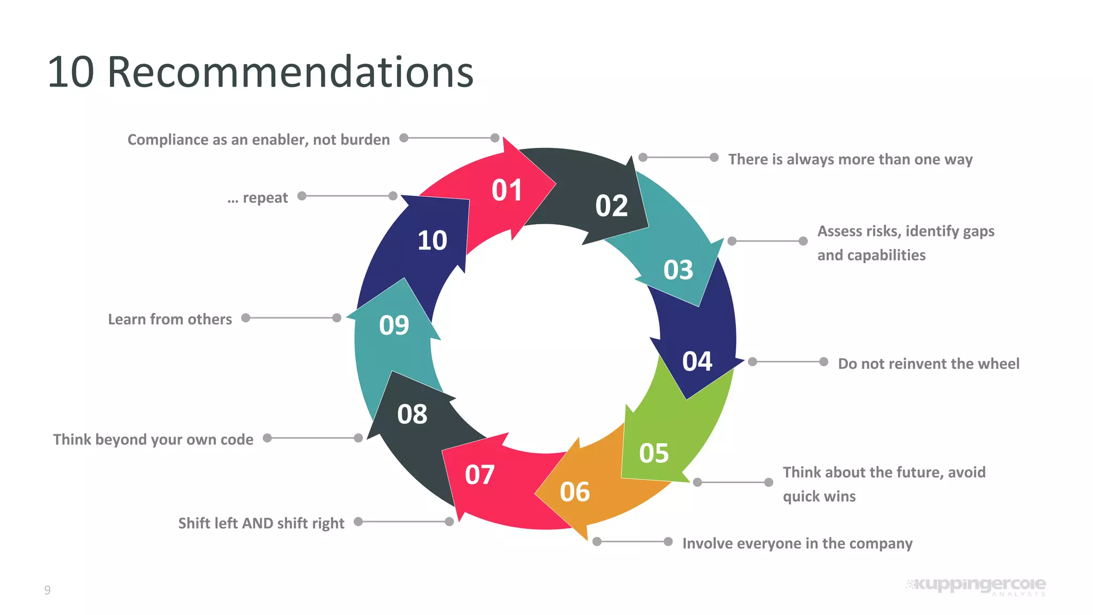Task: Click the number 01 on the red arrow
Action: coord(506,191)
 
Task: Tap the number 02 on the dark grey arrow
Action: coord(611,206)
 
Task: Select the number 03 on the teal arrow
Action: coord(678,270)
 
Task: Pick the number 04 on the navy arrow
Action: coord(697,361)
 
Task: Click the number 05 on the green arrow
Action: coord(654,453)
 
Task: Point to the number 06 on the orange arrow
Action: coord(574,492)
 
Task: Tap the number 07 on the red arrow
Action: coord(479,475)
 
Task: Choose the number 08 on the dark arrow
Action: coord(412,414)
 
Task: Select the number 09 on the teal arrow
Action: coord(394,325)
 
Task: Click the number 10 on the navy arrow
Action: coord(432,241)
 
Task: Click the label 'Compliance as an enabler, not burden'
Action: coord(258,140)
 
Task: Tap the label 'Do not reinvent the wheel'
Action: coord(928,364)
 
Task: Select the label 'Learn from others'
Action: coord(170,319)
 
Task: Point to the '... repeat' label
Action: coord(258,198)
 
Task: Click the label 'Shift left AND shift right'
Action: coord(261,523)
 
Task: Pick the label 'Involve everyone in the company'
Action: coord(797,543)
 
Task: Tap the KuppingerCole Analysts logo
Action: coord(976,586)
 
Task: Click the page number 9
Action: coord(47,590)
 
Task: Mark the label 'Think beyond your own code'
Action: coord(153,439)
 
